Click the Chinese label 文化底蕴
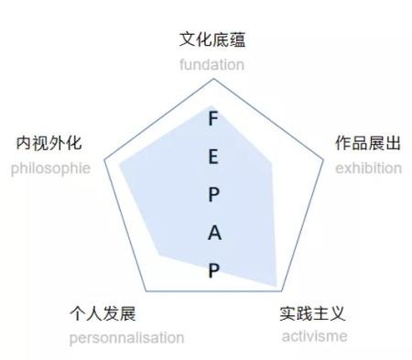[212, 40]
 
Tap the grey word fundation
[212, 64]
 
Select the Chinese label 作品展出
[368, 144]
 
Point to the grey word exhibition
[368, 168]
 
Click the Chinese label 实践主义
[314, 313]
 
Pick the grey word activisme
[314, 336]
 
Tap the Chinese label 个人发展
[103, 314]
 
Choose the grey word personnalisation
[126, 337]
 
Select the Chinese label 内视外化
[49, 144]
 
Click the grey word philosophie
[50, 168]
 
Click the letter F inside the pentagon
[213, 119]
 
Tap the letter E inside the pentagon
[213, 157]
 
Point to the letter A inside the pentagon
[214, 233]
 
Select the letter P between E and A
[213, 194]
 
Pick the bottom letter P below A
[214, 270]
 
